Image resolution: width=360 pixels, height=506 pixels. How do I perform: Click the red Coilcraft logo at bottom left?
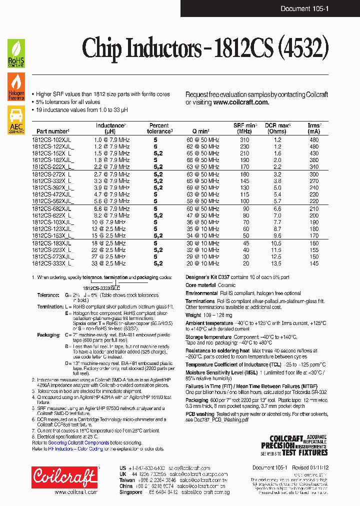click(x=64, y=478)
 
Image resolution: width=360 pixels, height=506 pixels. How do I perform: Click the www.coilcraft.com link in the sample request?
click(x=241, y=102)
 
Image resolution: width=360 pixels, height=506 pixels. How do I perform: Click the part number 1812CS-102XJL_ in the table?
click(x=52, y=140)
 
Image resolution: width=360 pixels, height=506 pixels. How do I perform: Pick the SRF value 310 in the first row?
click(x=244, y=140)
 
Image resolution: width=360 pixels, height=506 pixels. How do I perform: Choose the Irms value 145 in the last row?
click(x=313, y=263)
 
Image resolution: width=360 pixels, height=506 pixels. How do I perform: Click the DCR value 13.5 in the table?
click(x=276, y=263)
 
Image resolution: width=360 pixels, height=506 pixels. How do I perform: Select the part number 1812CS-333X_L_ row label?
click(x=52, y=263)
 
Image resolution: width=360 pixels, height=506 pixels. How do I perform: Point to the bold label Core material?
click(x=201, y=285)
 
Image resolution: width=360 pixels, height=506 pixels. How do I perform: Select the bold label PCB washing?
click(x=200, y=414)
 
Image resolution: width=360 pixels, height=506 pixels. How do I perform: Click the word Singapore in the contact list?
click(x=131, y=492)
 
